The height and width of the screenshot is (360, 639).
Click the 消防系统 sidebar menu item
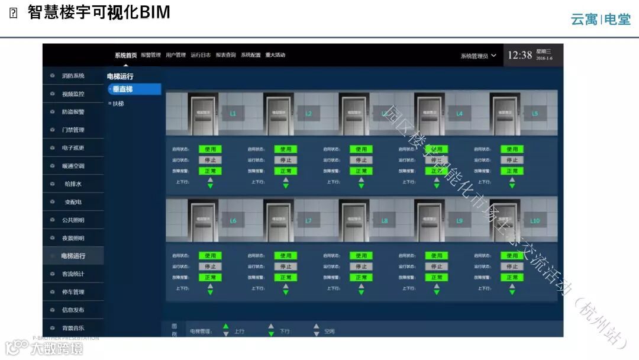click(x=73, y=76)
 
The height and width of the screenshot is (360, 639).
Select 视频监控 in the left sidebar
click(x=73, y=94)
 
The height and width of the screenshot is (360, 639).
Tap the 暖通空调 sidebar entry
click(x=73, y=166)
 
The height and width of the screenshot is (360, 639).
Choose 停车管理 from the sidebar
click(x=73, y=292)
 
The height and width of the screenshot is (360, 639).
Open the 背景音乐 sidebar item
click(x=73, y=328)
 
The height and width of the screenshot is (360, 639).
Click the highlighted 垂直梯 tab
click(x=134, y=89)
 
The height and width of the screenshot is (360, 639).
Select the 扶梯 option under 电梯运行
click(x=118, y=104)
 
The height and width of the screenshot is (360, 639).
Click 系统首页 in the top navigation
click(x=125, y=55)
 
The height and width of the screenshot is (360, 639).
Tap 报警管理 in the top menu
click(x=151, y=55)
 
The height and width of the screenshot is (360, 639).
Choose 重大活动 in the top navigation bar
click(x=275, y=55)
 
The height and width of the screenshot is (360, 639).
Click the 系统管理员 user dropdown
click(x=478, y=56)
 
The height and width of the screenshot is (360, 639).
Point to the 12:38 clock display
click(x=519, y=55)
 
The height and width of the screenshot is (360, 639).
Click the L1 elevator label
click(x=233, y=112)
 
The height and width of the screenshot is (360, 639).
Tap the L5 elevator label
click(x=535, y=112)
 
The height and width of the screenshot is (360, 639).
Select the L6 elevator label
click(x=233, y=221)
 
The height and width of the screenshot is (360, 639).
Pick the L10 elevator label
click(x=535, y=221)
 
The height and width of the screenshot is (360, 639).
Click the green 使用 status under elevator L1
click(x=210, y=149)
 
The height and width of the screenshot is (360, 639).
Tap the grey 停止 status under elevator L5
click(x=512, y=160)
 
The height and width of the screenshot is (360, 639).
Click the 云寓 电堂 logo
click(x=601, y=19)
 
